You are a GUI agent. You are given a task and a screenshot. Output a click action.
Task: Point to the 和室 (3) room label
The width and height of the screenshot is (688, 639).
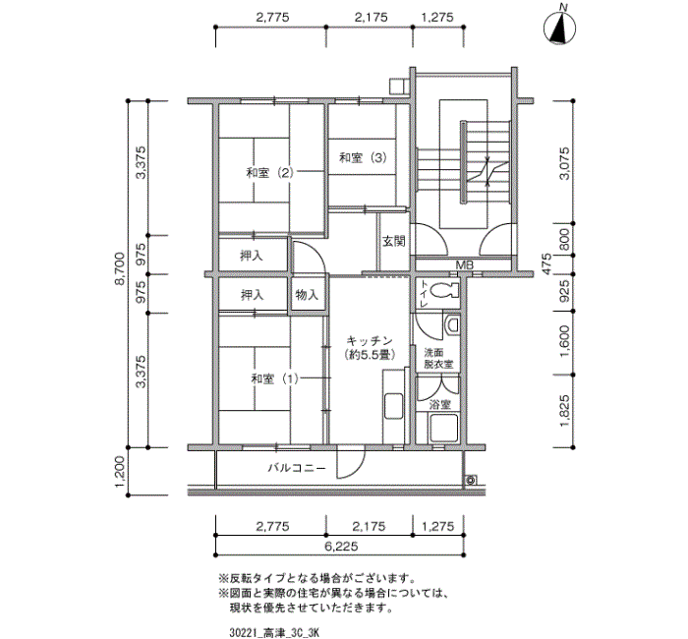click(363, 157)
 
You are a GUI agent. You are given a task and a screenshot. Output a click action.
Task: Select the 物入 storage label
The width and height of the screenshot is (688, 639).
click(307, 295)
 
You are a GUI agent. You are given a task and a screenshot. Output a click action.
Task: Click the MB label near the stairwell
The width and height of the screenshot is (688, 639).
click(465, 265)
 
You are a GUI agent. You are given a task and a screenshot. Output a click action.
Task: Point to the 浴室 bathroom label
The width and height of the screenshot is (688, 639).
click(439, 404)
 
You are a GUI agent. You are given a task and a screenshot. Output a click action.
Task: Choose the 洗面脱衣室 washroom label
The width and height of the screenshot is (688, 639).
click(438, 358)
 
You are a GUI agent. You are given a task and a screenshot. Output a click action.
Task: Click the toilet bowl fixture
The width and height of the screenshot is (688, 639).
click(444, 291)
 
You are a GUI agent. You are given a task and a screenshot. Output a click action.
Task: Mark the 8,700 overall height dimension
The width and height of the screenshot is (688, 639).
click(119, 271)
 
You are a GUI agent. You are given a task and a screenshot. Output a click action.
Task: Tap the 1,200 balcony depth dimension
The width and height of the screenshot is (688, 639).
click(119, 471)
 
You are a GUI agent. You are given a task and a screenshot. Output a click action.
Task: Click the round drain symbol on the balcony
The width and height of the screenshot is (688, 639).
click(472, 480)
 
